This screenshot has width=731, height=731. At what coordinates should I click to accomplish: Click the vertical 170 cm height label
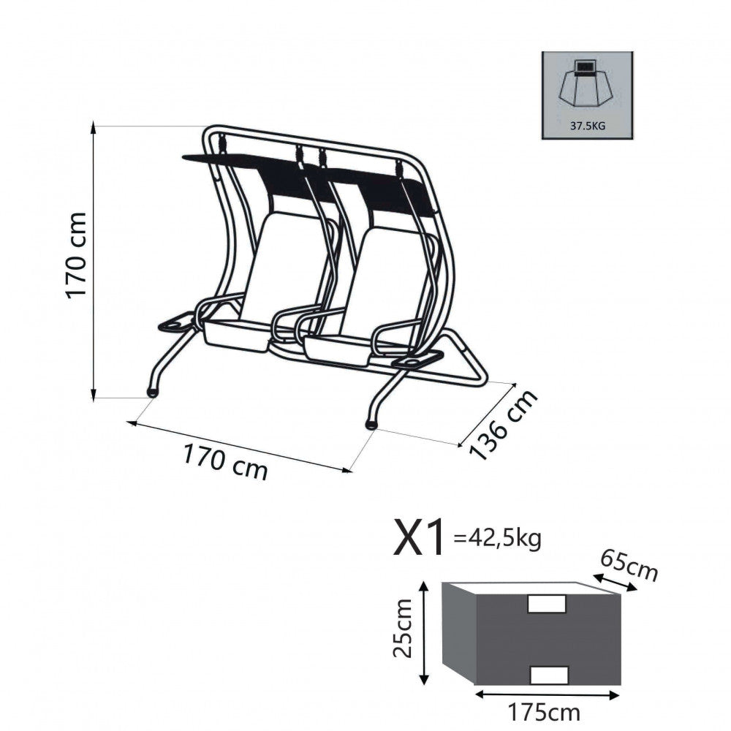click(75, 255)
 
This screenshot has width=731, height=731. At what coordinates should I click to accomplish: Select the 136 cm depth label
click(503, 425)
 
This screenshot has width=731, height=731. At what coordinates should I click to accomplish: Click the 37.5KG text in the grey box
click(588, 126)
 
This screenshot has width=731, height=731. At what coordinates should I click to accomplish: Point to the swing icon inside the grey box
click(587, 86)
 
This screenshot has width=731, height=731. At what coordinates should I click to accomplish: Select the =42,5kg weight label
click(497, 539)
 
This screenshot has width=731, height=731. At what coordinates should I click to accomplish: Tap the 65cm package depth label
click(629, 566)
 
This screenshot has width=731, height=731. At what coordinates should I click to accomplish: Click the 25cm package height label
click(402, 628)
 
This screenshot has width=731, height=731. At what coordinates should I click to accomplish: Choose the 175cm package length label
click(544, 712)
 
